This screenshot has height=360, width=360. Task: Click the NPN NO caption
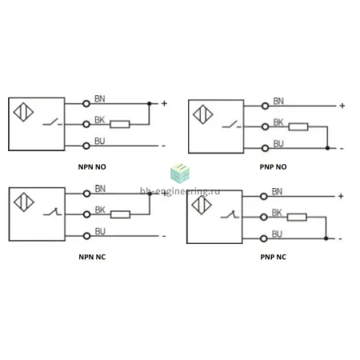tap(92, 167)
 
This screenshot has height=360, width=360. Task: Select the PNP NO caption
tap(273, 167)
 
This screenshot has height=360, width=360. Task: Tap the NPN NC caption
tap(92, 257)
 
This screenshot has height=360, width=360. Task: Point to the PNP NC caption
tap(273, 257)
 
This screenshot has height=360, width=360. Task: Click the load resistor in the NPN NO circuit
tap(120, 124)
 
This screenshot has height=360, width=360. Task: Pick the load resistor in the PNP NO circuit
tap(298, 126)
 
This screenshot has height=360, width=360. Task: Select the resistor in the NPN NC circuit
tap(120, 214)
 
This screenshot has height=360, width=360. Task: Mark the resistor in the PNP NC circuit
tap(297, 217)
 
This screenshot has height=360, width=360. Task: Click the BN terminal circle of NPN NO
tap(86, 103)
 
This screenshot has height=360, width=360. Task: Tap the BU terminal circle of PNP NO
tap(265, 148)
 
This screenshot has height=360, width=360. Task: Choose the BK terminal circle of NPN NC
tap(86, 214)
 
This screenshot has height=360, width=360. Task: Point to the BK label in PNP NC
tap(277, 213)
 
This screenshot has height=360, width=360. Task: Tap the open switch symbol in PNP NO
tap(232, 124)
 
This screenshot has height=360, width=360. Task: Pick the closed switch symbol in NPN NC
tap(52, 212)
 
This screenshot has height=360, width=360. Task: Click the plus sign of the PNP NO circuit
tap(342, 106)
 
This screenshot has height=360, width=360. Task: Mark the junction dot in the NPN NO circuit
tap(150, 103)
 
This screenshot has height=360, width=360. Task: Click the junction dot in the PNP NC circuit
tap(326, 238)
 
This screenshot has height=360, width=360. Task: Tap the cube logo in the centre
tap(180, 173)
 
